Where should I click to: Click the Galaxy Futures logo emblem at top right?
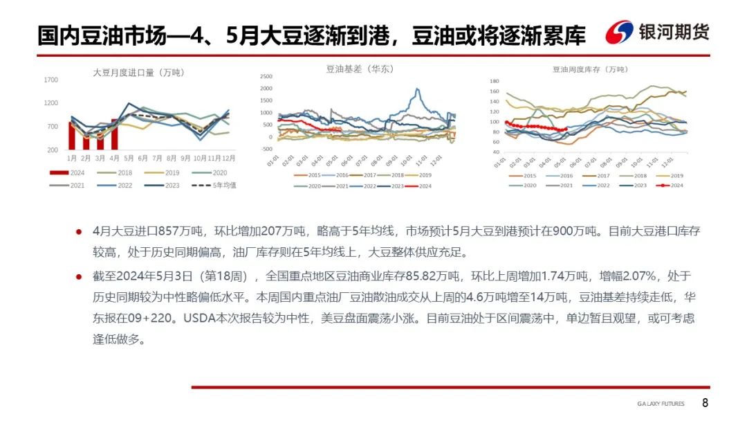619,33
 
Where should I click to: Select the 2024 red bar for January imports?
71,136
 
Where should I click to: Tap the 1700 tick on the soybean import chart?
51,80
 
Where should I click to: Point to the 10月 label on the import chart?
201,158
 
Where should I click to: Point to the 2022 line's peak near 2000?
417,89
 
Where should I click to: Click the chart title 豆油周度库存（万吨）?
589,69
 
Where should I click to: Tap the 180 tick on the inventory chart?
494,81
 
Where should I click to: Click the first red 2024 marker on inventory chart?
506,123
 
